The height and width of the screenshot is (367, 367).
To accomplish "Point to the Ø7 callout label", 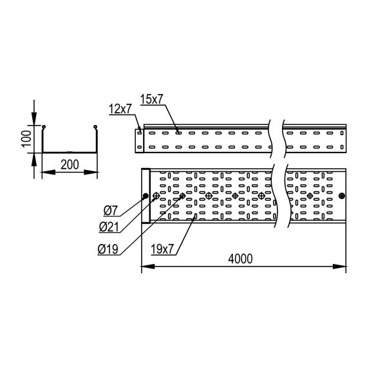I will (x=109, y=211).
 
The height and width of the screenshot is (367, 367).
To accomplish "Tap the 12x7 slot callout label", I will (x=120, y=109).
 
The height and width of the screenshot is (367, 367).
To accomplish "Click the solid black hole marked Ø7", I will (x=146, y=196).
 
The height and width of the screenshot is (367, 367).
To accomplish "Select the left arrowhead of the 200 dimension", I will (x=44, y=173).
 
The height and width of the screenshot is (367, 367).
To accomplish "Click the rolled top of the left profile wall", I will (x=43, y=126).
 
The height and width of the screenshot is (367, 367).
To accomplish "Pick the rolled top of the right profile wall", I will (x=95, y=126).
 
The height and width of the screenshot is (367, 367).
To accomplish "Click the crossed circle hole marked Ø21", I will (x=156, y=196).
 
